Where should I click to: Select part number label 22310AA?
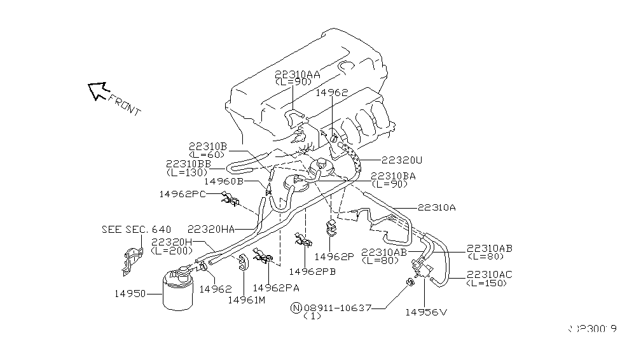point(297,74)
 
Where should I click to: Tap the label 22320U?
point(403,160)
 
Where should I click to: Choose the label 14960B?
point(224,181)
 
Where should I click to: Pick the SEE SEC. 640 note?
point(128,229)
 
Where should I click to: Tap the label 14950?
point(130,294)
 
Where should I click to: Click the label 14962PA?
point(276,287)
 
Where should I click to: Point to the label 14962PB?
point(312,272)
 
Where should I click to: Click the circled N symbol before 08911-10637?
point(295,308)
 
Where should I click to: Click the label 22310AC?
point(489,274)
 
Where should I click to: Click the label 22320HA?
point(210,229)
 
